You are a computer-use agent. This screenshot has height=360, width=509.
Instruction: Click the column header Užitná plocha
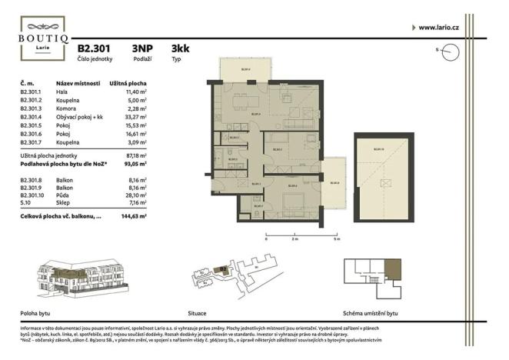coord(128,82)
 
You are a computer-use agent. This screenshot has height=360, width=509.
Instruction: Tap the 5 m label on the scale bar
coord(336,239)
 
